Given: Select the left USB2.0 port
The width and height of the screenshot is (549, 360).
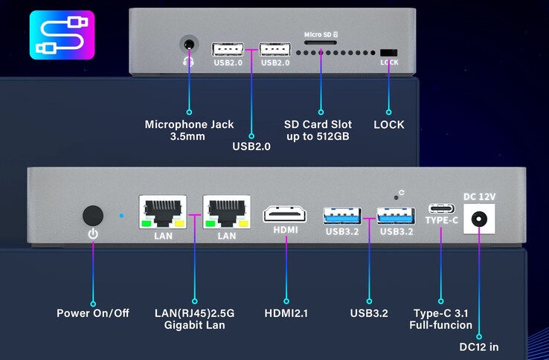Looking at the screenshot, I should pyautogui.click(x=226, y=50).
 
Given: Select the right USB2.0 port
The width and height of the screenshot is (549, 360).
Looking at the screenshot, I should pyautogui.click(x=275, y=50).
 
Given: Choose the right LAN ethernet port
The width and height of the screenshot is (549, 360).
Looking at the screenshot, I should pyautogui.click(x=226, y=212).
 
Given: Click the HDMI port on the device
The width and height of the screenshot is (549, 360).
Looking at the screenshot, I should pyautogui.click(x=286, y=213).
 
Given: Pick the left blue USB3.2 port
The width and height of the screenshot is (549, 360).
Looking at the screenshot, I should pyautogui.click(x=342, y=216).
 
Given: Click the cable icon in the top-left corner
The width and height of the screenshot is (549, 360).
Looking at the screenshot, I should pyautogui.click(x=51, y=35).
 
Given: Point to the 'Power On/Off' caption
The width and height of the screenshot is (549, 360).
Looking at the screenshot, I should pyautogui.click(x=93, y=313).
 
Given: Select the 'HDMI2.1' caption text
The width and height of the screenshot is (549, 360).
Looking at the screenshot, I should pyautogui.click(x=286, y=313).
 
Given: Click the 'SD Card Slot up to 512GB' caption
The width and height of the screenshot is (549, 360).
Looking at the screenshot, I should pyautogui.click(x=318, y=130).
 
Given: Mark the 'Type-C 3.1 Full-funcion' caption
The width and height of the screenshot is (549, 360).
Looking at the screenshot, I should pyautogui.click(x=443, y=319).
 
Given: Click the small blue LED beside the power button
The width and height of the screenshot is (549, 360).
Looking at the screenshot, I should pyautogui.click(x=121, y=216).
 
